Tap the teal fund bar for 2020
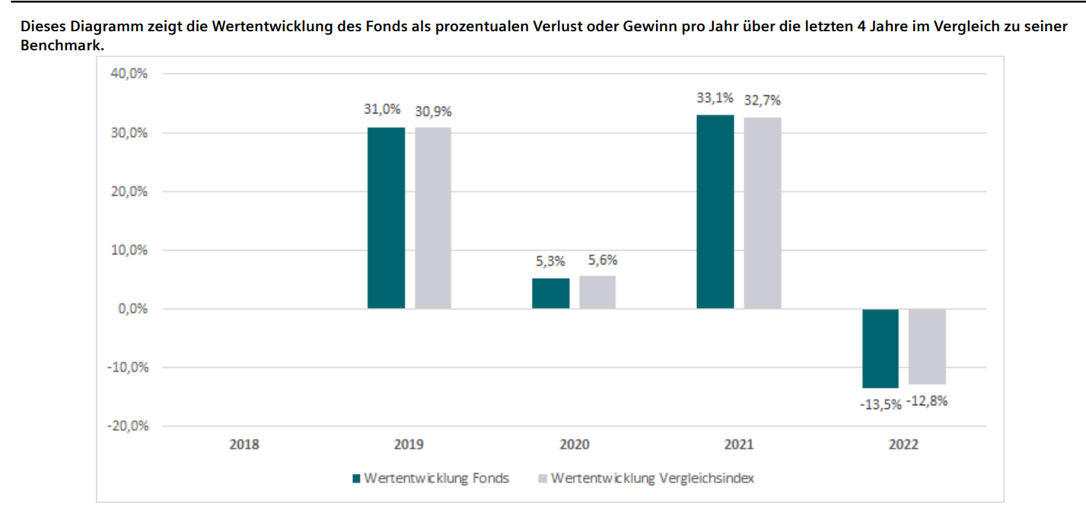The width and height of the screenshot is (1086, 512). point(550,293)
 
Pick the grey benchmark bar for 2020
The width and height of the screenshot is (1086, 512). point(597,292)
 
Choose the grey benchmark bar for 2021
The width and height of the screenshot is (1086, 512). point(763,213)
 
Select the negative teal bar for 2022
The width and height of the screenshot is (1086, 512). point(881,348)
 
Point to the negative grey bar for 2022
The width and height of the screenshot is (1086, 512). point(927,346)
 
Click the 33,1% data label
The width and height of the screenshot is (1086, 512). point(715,98)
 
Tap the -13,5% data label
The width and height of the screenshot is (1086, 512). point(881,404)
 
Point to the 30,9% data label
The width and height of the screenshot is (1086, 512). point(433,111)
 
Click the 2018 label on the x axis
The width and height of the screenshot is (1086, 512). point(244,445)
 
